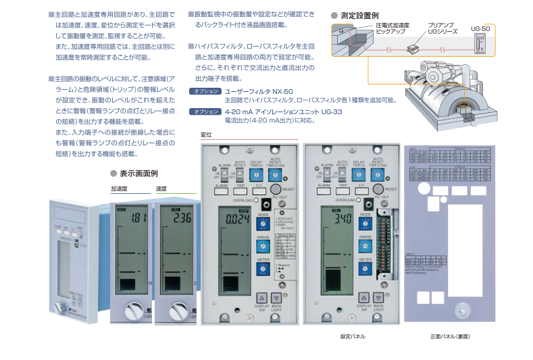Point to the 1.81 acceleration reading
[138, 218]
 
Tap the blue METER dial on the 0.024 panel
[263, 269]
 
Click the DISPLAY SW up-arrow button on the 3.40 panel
[363, 297]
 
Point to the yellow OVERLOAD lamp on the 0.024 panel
[257, 201]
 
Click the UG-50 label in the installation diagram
[480, 28]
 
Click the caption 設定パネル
[353, 336]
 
